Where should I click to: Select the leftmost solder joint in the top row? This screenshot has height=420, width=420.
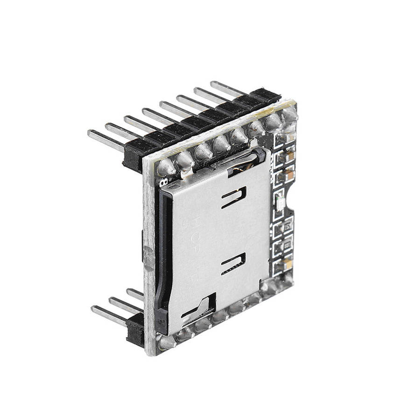(166, 167)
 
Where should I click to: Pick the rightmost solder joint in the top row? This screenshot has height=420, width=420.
(289, 114)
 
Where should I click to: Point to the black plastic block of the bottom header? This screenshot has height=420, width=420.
(135, 329)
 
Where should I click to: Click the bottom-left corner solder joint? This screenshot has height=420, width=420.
(165, 343)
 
